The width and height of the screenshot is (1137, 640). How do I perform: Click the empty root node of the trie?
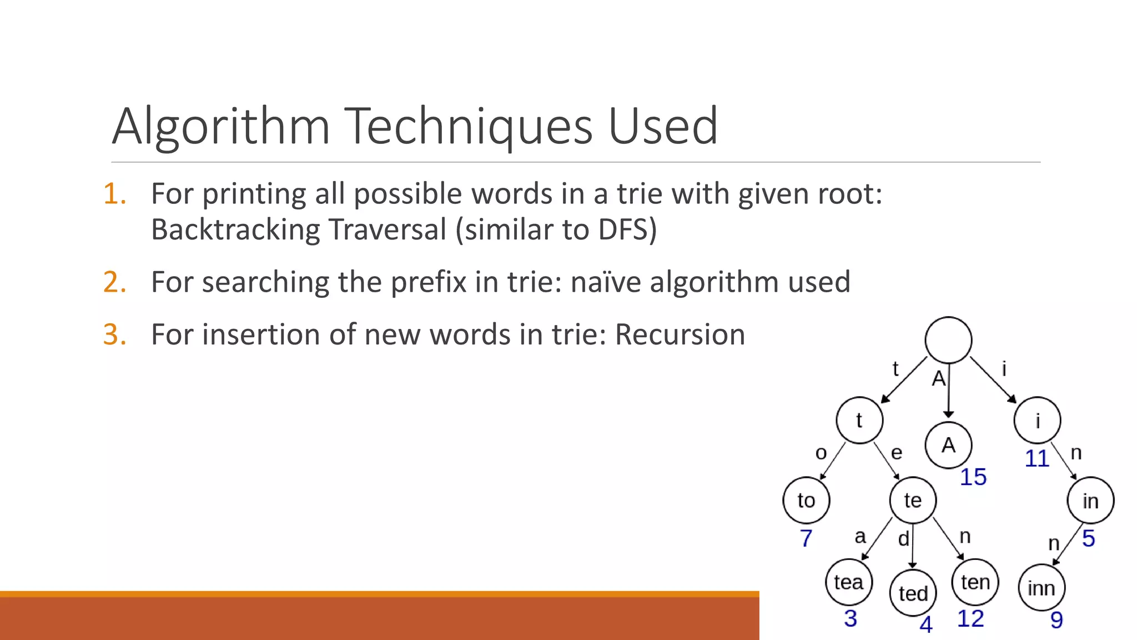(x=948, y=340)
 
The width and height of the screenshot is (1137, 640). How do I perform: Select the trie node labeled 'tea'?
(x=848, y=582)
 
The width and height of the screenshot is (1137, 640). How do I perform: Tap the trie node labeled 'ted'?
(x=913, y=593)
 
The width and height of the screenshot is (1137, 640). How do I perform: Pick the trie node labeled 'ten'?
(x=975, y=582)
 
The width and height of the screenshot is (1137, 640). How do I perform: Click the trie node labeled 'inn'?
(x=1041, y=588)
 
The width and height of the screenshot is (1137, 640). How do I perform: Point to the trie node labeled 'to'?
(x=806, y=501)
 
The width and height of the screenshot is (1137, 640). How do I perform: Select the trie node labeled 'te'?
(x=913, y=501)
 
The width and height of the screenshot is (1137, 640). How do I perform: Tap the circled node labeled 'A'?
(x=948, y=445)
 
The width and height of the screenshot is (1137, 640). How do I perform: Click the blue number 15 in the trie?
(x=973, y=477)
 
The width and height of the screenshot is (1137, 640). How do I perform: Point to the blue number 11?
(x=1037, y=459)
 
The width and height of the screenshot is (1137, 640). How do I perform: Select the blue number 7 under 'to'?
(x=806, y=538)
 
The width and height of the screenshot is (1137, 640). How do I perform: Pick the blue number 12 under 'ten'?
(x=970, y=619)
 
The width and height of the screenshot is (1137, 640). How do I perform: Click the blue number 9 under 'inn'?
(x=1056, y=620)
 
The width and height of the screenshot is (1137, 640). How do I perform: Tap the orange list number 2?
(x=114, y=282)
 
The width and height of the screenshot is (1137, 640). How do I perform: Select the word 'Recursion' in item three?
(x=680, y=334)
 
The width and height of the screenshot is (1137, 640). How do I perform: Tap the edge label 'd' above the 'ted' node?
(x=904, y=538)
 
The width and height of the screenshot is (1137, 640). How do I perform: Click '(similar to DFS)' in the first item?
(x=556, y=229)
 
